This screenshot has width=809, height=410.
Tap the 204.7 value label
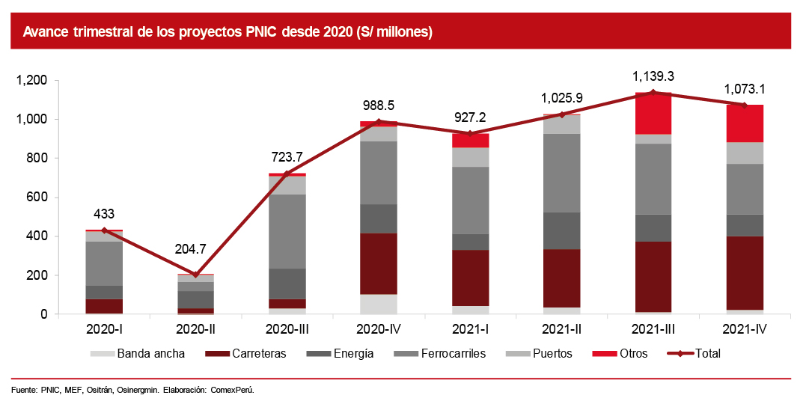coord(196,250)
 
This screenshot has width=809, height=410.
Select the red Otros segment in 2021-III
coord(653,114)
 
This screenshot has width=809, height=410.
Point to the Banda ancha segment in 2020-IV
coord(379,304)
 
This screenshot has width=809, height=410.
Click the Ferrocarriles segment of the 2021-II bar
coord(562,173)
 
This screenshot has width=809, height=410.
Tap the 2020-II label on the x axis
coord(196,329)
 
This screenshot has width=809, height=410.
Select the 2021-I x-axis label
coord(471,329)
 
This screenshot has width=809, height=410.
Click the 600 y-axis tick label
coord(37,198)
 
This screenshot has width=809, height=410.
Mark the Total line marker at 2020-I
coord(104,230)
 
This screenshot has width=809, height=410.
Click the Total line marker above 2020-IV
coord(379,122)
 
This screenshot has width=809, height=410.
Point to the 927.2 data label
coord(471,118)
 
